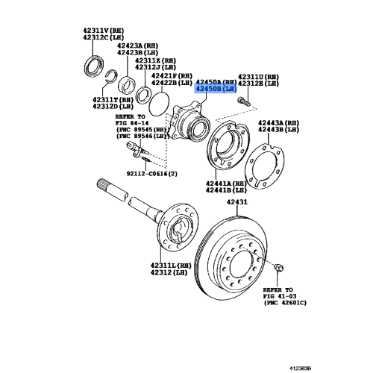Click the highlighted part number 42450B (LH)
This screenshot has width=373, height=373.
pos(216,88)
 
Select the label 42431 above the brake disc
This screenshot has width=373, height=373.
pos(237,202)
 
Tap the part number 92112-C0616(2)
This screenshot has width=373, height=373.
pos(152,174)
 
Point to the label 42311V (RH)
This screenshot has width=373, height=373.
pos(103,31)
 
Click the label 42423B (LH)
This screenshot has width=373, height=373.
pos(137,52)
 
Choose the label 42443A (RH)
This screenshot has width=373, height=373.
pos(278,123)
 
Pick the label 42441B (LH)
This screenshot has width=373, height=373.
pos(226,190)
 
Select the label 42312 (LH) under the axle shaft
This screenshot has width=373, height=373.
pos(169,272)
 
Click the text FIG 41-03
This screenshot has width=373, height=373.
pos(280,296)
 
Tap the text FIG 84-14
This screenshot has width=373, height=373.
pos(132,123)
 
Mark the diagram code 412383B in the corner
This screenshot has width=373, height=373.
pos(300,369)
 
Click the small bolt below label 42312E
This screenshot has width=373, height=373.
pos(244,101)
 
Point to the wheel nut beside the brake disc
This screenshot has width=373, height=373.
pos(278,268)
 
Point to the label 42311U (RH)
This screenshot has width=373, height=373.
pos(258,77)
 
